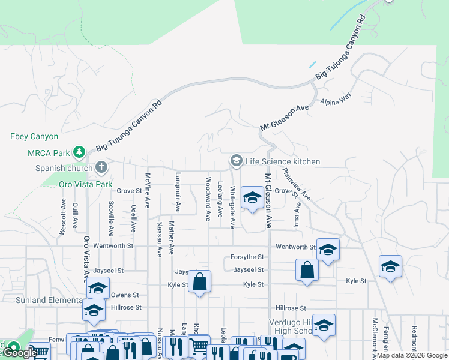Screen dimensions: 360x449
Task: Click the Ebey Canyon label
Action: click(x=34, y=137)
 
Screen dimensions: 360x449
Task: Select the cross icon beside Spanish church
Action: click(x=101, y=167)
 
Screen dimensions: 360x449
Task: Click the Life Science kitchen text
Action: click(x=282, y=161)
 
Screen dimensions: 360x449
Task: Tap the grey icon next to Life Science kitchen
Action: click(x=236, y=161)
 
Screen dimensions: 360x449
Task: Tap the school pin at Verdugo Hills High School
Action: click(x=324, y=325)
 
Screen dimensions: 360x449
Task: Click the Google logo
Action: click(x=19, y=353)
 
